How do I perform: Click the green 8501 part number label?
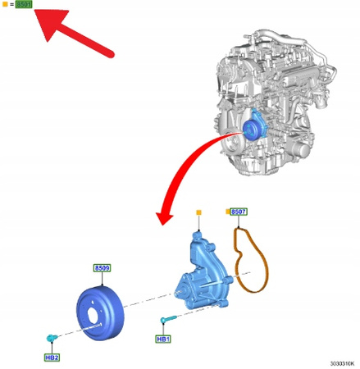[24, 5]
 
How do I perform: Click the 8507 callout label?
[239, 212]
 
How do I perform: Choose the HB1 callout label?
[163, 338]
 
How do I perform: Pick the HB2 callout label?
[52, 358]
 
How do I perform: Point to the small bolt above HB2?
[52, 337]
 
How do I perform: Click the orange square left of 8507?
[226, 212]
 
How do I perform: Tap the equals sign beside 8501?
[11, 5]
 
